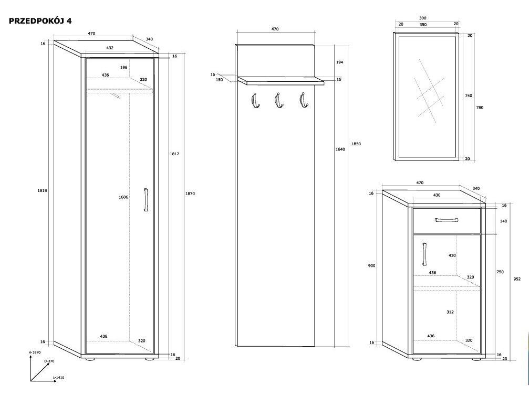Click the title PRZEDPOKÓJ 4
point(40,22)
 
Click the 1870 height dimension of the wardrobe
point(190,194)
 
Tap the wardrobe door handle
point(146,200)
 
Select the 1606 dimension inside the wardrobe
point(123,197)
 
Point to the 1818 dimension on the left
point(43,190)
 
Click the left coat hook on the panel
point(254,101)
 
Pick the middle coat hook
point(278,101)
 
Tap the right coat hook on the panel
point(302,101)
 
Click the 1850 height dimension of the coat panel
point(357,144)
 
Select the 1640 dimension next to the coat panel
point(340,149)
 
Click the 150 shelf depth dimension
point(219,80)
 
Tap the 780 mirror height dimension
point(480,108)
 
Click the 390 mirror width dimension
point(423,18)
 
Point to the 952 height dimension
point(517,279)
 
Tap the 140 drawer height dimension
point(503,221)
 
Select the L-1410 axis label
point(59,378)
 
